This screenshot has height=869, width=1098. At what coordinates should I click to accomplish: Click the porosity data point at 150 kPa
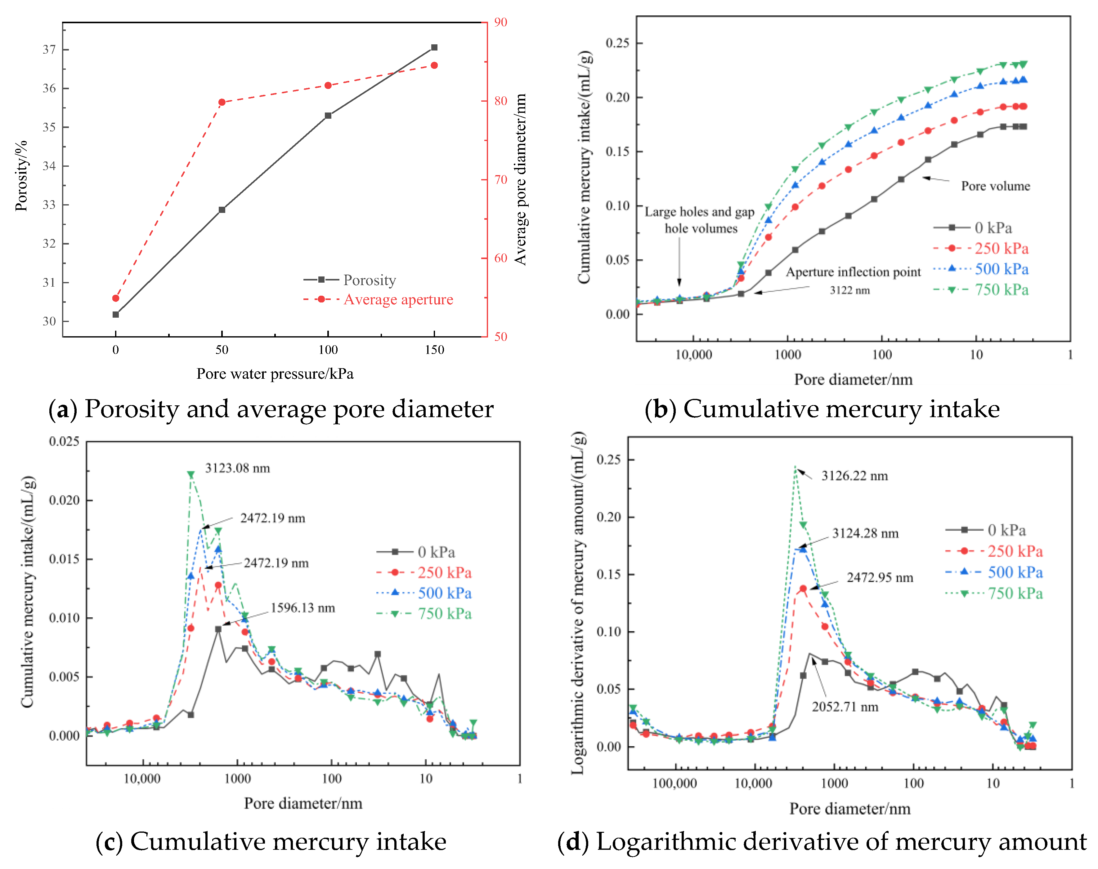434,47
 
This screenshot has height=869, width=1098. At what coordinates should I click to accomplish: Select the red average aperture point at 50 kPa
222,102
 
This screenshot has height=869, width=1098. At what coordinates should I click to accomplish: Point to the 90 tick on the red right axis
501,22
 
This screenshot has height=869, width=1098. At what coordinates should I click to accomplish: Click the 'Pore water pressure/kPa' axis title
275,374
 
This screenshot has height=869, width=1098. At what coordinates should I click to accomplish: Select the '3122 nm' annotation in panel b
849,290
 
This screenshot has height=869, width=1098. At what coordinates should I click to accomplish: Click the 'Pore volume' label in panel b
995,186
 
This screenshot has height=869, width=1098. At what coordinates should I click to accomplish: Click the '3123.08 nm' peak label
237,468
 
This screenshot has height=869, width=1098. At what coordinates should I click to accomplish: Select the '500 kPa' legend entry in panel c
445,593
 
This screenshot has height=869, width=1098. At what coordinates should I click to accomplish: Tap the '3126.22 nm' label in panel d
854,476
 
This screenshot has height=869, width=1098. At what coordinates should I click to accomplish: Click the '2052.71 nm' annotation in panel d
845,707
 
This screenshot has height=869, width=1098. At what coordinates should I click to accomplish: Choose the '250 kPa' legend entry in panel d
1015,551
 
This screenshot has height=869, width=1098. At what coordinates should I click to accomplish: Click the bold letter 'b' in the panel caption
660,410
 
